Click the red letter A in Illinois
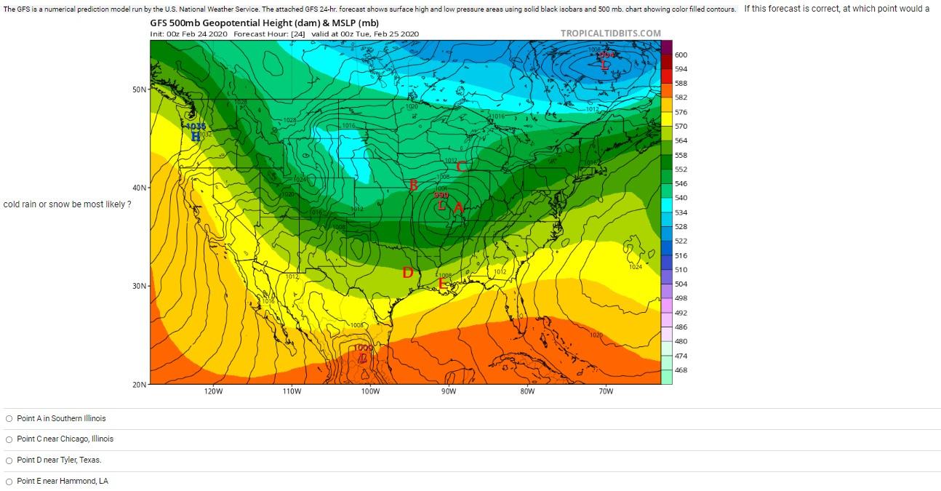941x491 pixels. [459, 208]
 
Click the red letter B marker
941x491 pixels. [414, 185]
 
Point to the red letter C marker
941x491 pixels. [461, 166]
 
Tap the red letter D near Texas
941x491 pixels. [408, 273]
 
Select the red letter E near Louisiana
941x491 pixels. [441, 284]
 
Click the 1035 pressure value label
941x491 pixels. [196, 127]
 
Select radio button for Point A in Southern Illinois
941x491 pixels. [9, 418]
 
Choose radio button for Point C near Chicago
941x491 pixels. [9, 439]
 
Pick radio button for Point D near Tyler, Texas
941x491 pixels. [9, 460]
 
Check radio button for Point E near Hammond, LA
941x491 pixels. [9, 481]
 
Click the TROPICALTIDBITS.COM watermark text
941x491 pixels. [611, 33]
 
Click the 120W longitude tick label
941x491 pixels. [213, 391]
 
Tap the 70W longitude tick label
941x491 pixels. [606, 391]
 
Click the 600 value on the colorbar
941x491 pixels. [681, 55]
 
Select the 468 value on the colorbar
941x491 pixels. [681, 370]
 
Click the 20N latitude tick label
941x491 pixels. [139, 384]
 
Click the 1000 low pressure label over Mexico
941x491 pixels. [363, 348]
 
